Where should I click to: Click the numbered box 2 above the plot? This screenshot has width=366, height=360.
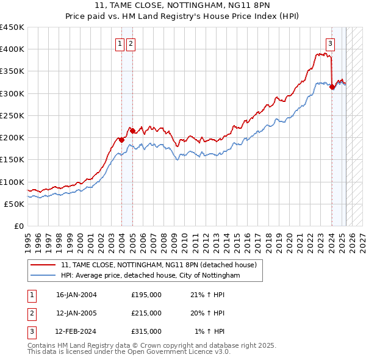tap(131, 43)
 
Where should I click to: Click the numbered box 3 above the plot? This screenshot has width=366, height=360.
tap(330, 43)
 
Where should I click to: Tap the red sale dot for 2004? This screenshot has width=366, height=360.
tap(121, 140)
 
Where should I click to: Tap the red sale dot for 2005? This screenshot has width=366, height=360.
tap(132, 131)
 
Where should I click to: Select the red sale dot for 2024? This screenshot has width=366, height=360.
tap(332, 87)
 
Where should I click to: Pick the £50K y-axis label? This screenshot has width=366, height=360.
tap(14, 204)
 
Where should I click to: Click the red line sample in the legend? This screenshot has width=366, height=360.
tap(44, 265)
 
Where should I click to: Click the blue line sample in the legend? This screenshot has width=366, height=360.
tap(44, 276)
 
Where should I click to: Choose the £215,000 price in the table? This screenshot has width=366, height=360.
tap(146, 313)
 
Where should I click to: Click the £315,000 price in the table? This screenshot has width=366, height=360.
tap(146, 331)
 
